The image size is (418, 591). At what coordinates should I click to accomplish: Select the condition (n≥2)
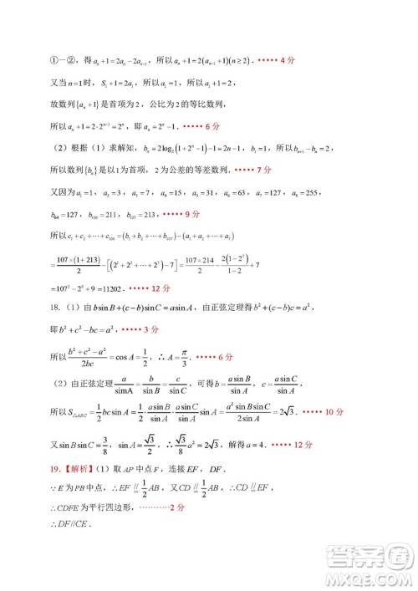(236, 62)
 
